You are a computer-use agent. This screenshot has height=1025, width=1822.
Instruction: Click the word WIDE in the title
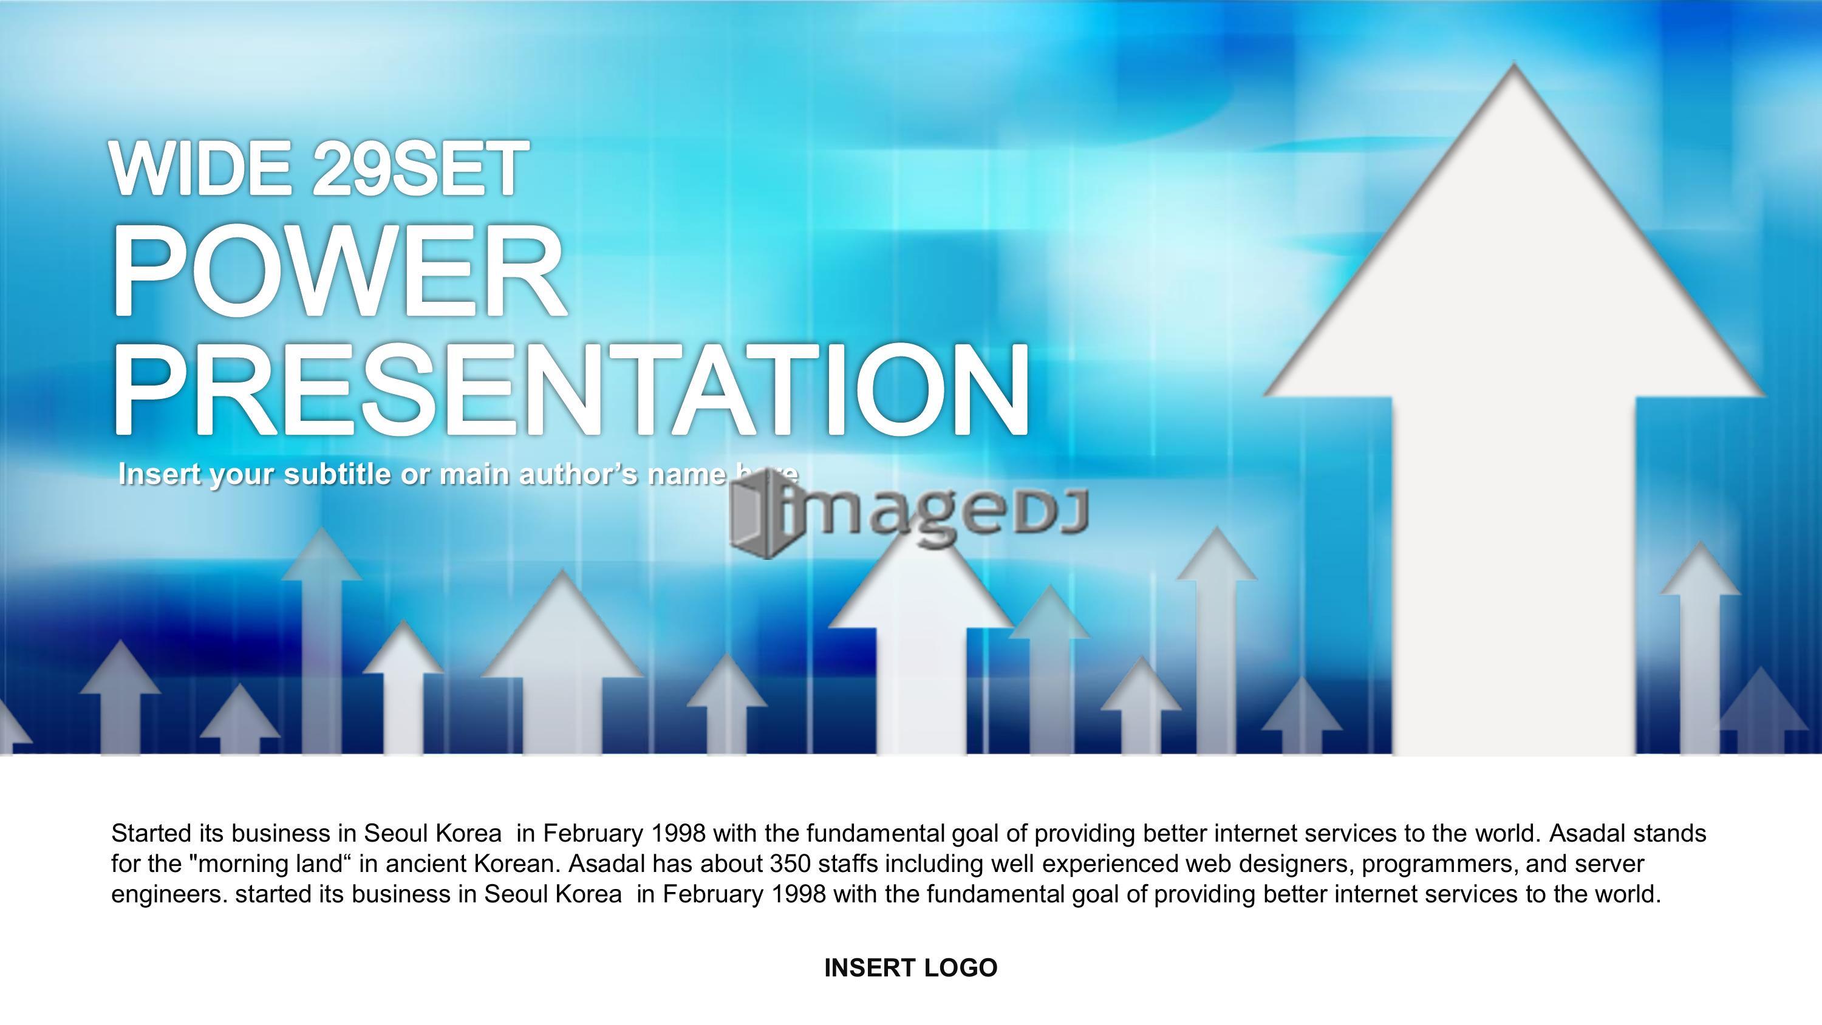click(201, 168)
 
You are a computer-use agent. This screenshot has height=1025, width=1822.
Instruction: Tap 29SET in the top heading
click(421, 168)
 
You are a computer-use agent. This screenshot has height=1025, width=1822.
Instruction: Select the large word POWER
click(338, 271)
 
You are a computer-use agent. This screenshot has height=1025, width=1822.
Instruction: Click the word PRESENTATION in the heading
click(570, 390)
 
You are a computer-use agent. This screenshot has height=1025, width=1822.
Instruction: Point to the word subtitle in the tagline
click(338, 474)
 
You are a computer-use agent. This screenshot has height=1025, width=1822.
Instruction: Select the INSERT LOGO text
click(911, 968)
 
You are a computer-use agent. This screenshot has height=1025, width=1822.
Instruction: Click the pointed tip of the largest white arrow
click(1513, 64)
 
